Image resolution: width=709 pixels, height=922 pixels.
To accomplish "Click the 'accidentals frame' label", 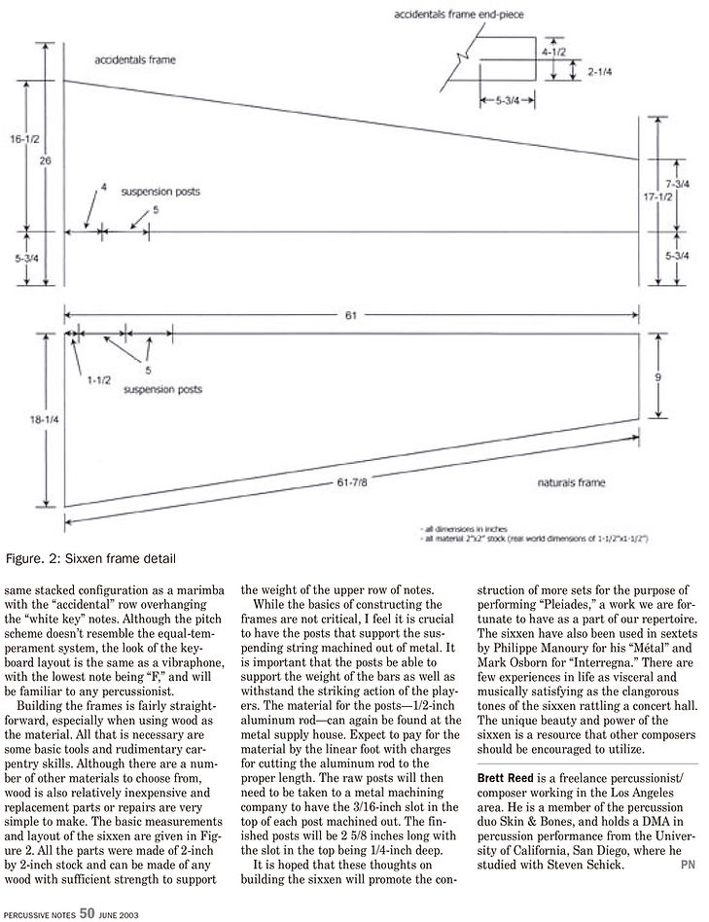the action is click(x=135, y=60).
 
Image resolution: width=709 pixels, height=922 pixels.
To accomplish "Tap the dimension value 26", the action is click(x=46, y=160).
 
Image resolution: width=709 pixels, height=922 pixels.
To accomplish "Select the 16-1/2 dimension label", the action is click(x=24, y=139).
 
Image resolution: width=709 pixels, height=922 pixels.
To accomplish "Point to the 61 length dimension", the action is click(x=351, y=315).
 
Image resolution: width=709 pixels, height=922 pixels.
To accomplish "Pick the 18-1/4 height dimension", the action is click(x=45, y=420).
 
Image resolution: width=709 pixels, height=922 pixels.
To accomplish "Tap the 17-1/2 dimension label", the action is click(x=657, y=197).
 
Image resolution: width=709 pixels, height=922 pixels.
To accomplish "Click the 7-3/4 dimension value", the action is click(x=678, y=185).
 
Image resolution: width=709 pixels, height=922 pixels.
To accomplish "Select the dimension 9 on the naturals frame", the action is click(x=658, y=377).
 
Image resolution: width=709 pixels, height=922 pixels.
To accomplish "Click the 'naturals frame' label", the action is click(x=571, y=482).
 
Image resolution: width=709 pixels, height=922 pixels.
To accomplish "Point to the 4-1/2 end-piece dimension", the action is click(x=553, y=52).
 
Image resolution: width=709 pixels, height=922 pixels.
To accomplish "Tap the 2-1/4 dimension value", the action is click(x=600, y=72).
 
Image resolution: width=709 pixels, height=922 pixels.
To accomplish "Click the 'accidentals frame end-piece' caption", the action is click(x=458, y=14).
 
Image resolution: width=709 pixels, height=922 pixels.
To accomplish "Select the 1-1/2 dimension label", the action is click(x=99, y=380).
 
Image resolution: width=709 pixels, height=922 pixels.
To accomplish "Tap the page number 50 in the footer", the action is click(x=87, y=912).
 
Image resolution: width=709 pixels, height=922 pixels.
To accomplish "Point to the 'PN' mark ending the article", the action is click(x=688, y=865).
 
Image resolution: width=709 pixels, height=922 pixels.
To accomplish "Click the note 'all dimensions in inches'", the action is click(x=465, y=529).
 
